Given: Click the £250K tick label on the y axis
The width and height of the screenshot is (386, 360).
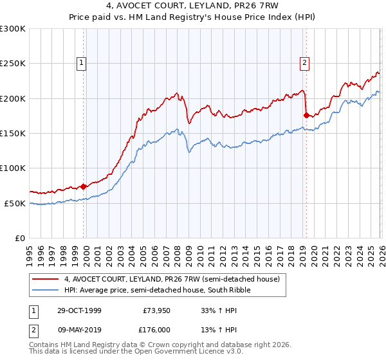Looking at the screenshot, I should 13,64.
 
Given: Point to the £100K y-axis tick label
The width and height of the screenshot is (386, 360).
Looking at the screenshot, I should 13,168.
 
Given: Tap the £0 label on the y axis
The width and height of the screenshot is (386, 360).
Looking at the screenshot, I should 19,238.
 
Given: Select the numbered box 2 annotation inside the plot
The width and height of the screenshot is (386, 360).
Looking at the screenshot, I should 304,63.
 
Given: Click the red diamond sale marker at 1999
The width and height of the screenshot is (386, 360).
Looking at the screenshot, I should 84,186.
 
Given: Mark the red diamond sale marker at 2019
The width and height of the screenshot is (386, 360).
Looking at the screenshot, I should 306,115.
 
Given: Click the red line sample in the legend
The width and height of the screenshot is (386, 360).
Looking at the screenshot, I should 46,280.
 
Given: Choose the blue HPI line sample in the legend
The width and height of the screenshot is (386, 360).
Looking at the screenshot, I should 46,291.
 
